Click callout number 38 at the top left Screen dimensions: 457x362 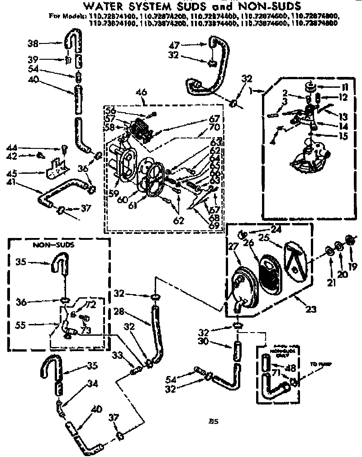(x=32, y=43)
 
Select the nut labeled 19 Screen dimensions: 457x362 (x=349, y=239)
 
